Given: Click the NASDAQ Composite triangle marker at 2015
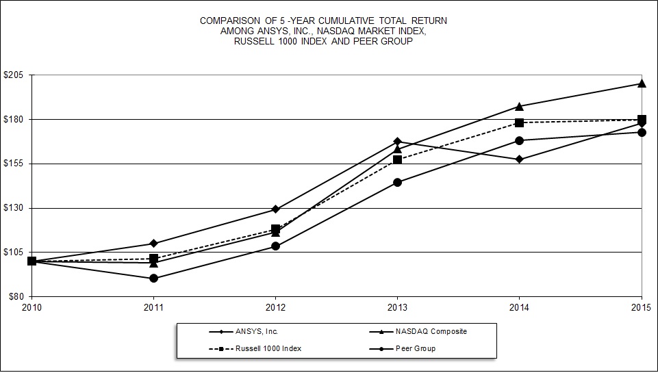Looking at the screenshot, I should click(x=642, y=83).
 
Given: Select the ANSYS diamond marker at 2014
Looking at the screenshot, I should click(x=520, y=159).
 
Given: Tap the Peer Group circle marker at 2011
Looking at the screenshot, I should click(x=153, y=279).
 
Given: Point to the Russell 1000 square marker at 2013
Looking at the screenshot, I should click(x=398, y=160).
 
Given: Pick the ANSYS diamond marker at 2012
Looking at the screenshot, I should click(x=275, y=209).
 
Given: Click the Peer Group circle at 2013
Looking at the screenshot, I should click(x=398, y=183).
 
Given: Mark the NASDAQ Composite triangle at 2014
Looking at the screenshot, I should click(x=520, y=106).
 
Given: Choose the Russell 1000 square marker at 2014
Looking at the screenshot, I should click(x=520, y=123).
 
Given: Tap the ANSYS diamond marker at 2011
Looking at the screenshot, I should click(x=153, y=244).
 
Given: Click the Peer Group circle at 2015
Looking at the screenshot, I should click(x=642, y=133).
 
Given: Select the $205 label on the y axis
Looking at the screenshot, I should click(x=14, y=75).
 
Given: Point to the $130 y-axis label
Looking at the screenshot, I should click(x=14, y=208).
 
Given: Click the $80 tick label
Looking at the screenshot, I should click(x=16, y=296).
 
